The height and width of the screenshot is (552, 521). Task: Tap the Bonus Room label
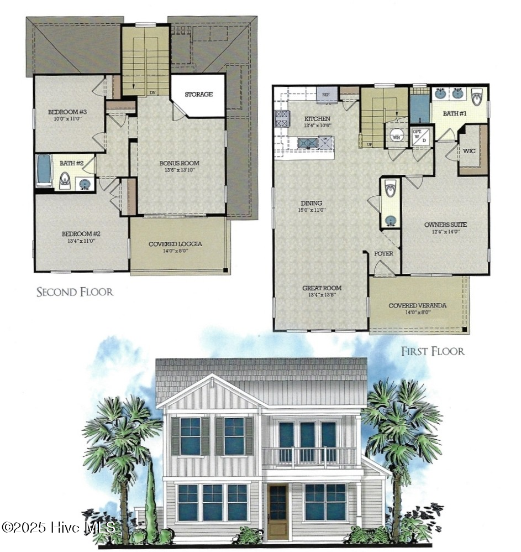pos(179,163)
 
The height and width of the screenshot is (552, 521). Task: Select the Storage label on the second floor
pos(198,95)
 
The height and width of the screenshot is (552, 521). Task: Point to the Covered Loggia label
pos(175,244)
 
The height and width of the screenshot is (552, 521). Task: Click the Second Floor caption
pos(75,291)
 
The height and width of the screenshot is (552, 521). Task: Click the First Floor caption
pos(433,351)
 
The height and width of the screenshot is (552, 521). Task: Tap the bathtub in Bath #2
pos(44,171)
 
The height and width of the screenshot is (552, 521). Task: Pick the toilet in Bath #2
pos(65,180)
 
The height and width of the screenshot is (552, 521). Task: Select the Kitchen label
pos(317,119)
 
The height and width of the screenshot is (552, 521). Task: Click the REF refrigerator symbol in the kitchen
pos(327,95)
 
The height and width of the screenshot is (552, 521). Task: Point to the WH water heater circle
pos(396,135)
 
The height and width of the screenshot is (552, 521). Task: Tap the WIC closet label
pos(469,150)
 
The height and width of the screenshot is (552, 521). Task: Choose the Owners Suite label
pos(445,225)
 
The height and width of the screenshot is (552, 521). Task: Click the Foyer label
pos(383,253)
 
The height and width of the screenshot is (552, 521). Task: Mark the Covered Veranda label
pos(417,305)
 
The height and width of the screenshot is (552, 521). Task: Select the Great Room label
pos(322,288)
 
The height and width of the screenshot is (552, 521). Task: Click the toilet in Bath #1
pos(477,97)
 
